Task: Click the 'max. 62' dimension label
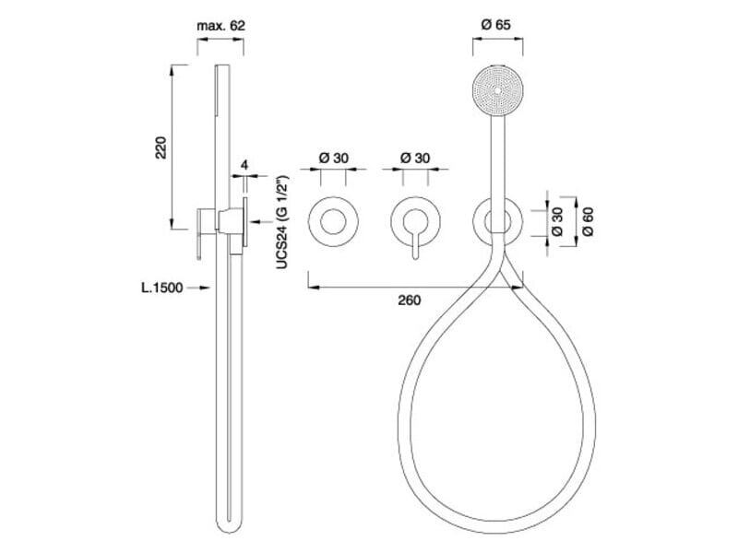[220, 26]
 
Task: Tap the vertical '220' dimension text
[161, 147]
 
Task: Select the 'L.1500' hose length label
[162, 288]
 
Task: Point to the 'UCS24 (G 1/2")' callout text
[281, 222]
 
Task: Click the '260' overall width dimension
[409, 300]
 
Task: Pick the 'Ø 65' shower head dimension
[496, 25]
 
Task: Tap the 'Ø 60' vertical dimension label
[588, 221]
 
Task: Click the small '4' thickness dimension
[244, 165]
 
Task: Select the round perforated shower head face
[497, 90]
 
